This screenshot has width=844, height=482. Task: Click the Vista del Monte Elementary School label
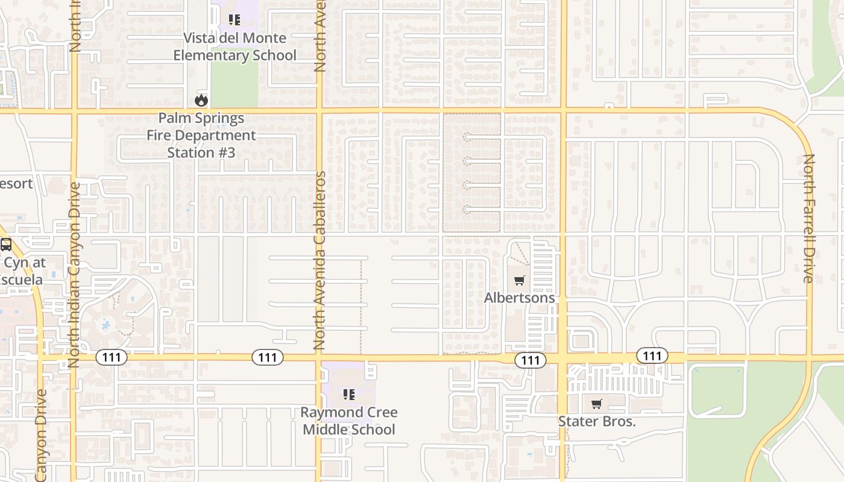coord(235,46)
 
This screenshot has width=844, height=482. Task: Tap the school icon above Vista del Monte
coord(235,20)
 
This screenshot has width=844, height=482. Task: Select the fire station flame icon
coord(201,100)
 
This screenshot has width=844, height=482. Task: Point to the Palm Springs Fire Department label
coord(201,135)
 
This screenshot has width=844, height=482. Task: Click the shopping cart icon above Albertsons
coord(519,280)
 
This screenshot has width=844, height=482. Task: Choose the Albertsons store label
coord(519,298)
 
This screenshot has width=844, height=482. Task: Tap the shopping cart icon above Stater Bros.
coord(597,404)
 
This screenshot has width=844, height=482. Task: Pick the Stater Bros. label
coord(597,421)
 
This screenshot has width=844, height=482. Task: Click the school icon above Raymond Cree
coord(348,395)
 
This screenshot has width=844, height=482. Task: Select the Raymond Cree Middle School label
coord(349,421)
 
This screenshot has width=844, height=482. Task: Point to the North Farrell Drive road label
coord(808,218)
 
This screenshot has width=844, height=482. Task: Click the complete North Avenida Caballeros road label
coord(320,260)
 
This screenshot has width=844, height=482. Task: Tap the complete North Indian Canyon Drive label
coord(74,274)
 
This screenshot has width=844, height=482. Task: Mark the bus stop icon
coord(6,245)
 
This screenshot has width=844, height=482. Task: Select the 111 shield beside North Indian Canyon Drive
coord(112,357)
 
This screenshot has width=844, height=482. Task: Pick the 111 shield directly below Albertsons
coord(531,360)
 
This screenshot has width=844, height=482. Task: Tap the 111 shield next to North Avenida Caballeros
coord(267,357)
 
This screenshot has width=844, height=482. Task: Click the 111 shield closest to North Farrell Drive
coord(652,356)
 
